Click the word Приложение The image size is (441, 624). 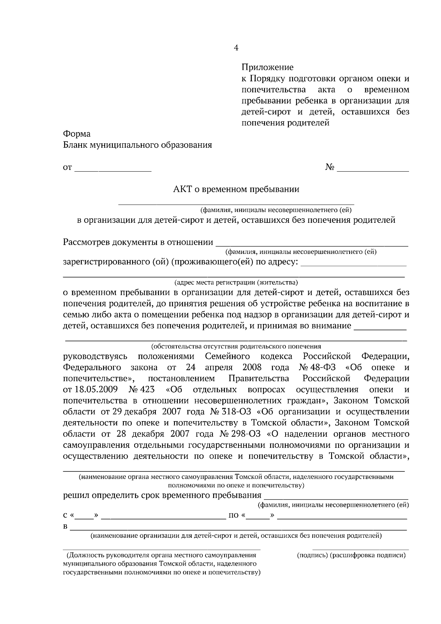click(x=267, y=67)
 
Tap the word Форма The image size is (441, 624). click(x=77, y=134)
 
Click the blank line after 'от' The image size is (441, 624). click(x=113, y=169)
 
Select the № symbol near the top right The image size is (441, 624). click(x=330, y=168)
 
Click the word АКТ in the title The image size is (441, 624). click(x=182, y=189)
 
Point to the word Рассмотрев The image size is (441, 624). click(x=86, y=242)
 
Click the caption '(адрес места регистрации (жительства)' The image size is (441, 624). click(x=236, y=282)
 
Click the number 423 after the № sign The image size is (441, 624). click(x=147, y=390)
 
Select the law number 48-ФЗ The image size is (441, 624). click(x=325, y=367)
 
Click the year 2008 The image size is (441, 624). click(x=252, y=367)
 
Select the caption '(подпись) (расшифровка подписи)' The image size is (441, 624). click(x=351, y=555)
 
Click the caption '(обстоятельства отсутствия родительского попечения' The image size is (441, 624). click(x=236, y=346)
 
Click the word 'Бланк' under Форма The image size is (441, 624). click(x=75, y=145)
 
